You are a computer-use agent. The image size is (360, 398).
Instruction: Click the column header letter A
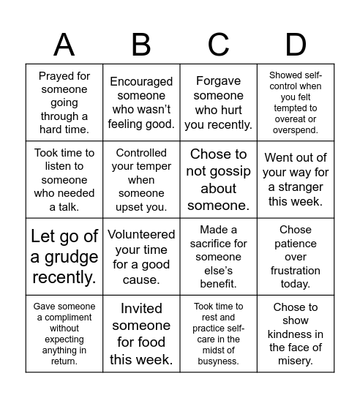[64, 45]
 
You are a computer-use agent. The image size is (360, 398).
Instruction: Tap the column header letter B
[141, 45]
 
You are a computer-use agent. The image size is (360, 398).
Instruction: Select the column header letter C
[219, 45]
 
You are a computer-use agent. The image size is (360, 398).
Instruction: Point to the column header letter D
[296, 45]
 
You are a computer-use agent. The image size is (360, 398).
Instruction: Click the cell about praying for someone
[64, 102]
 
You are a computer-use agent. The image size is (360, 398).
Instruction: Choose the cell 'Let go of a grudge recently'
[64, 257]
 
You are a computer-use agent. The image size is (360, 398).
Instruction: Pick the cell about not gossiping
[219, 179]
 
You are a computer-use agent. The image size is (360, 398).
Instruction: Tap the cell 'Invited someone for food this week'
[141, 334]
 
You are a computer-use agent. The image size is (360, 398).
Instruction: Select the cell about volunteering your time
[141, 257]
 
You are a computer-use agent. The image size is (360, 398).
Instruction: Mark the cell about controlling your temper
[141, 179]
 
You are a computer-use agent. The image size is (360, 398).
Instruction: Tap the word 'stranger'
[302, 187]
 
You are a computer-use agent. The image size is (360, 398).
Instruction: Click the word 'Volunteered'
[141, 234]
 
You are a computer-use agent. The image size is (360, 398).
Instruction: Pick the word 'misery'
[296, 360]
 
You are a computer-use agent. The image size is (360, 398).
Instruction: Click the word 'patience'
[296, 244]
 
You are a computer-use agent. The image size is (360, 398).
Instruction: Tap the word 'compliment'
[64, 318]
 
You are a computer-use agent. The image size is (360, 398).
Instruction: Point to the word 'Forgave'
[219, 81]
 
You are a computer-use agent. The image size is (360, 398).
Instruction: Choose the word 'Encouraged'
[141, 81]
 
